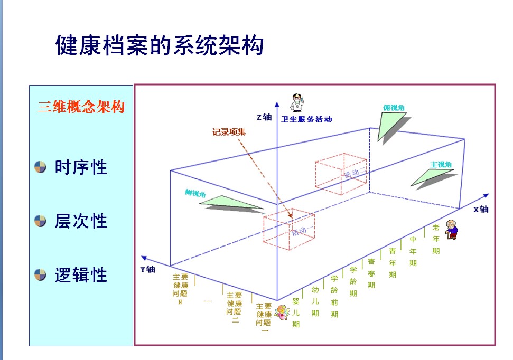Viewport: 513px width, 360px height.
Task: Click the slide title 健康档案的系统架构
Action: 160,45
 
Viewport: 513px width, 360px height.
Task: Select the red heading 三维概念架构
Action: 81,107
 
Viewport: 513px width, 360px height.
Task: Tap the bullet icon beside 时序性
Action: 41,168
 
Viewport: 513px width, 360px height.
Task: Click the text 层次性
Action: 81,221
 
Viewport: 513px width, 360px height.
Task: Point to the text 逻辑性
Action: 81,275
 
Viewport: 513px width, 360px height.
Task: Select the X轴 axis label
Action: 480,209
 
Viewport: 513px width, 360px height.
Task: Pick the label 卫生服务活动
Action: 306,119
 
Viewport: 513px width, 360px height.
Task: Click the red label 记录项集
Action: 229,132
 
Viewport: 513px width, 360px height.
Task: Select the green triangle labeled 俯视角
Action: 390,125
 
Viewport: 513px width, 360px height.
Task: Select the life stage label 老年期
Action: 436,239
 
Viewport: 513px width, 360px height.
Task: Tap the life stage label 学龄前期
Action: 334,296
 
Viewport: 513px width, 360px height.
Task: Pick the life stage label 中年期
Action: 413,251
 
